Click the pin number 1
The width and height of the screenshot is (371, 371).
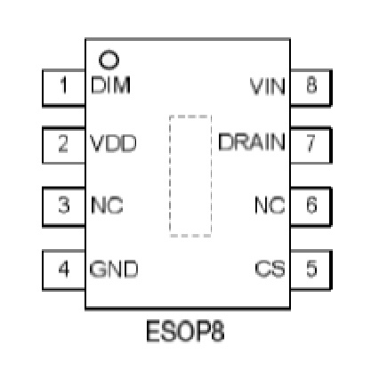pos(63,85)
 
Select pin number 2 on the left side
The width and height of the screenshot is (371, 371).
pos(63,144)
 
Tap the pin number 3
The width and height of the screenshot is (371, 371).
pos(64,205)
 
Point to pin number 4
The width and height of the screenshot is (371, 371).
pos(64,269)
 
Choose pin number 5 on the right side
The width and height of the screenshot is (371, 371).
pos(311,269)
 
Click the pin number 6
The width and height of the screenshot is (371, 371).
pos(311,205)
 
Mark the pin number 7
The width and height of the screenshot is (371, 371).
pos(311,143)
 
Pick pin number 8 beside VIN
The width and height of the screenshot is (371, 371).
pos(311,85)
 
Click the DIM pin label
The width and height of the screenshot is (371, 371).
pos(110,85)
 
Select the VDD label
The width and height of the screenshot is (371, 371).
pos(113,143)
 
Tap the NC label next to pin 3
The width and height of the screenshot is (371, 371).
pos(107,205)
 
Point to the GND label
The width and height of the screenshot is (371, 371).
pos(114,269)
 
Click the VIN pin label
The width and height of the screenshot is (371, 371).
pos(268,86)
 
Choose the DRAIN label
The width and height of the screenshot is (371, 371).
pos(252,142)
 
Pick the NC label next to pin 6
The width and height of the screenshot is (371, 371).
pos(270,205)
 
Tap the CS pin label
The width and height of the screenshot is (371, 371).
pos(270,269)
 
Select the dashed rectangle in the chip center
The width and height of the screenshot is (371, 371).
pos(170,175)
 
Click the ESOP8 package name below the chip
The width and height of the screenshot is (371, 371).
pos(185,331)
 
